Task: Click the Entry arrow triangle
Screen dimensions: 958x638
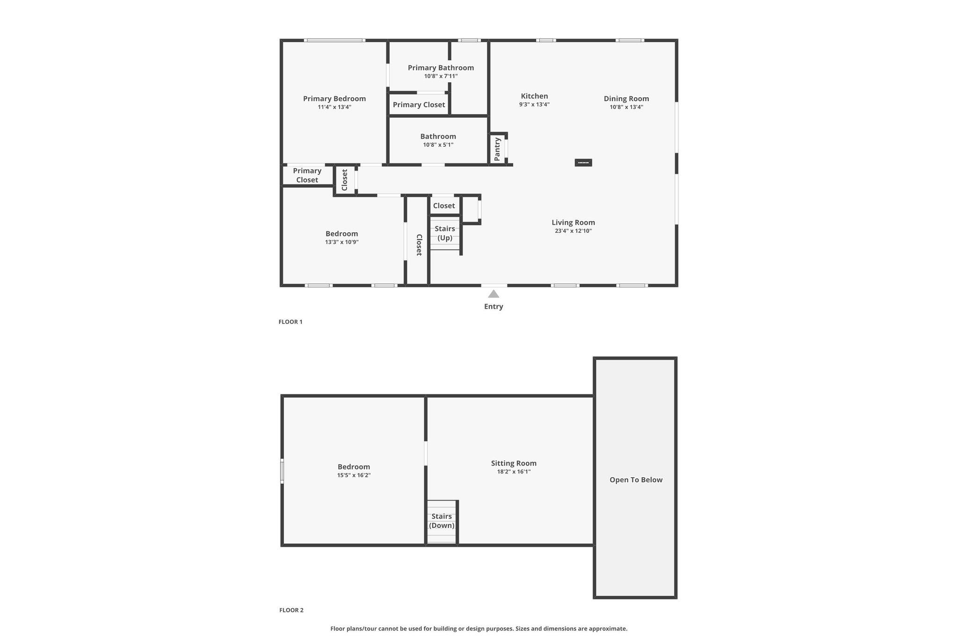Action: [494, 294]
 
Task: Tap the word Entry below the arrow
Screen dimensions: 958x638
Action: [494, 307]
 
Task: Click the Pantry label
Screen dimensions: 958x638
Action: [497, 149]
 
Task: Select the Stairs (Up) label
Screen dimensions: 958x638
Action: [445, 233]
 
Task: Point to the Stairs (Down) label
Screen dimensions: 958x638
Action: [442, 521]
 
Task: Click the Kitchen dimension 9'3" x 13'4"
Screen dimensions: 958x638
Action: [534, 105]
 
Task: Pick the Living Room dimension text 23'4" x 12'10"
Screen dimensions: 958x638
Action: [573, 231]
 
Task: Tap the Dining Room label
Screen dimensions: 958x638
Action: [626, 99]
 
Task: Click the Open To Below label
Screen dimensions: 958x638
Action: [636, 480]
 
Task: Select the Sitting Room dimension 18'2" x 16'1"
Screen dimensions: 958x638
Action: [514, 472]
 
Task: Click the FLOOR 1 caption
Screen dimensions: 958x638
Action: [290, 322]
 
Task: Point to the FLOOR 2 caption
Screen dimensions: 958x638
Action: [291, 610]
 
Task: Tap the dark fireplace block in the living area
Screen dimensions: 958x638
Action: [583, 163]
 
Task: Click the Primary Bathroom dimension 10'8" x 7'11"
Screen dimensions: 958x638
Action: [441, 76]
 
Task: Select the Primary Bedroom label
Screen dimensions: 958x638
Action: [334, 99]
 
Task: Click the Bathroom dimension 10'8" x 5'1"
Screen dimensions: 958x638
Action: [438, 145]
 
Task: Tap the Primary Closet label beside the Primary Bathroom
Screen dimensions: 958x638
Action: [419, 105]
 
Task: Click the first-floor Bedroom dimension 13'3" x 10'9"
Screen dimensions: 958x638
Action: [342, 242]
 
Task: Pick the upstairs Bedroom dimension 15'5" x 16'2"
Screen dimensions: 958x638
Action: [354, 475]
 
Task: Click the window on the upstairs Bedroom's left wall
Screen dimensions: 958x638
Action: [282, 471]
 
